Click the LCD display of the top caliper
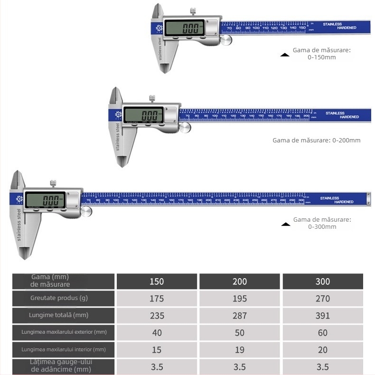point(184,27)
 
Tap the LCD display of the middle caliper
point(143,115)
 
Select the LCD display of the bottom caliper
point(45,199)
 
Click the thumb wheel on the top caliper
point(226,41)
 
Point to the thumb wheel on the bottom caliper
point(86,212)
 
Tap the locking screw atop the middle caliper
point(152,98)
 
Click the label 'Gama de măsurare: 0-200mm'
point(316,140)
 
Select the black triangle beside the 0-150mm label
point(285,55)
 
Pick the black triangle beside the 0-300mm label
point(285,224)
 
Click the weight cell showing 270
point(323,299)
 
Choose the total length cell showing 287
point(240,316)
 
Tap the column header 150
point(157,281)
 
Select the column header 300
point(323,281)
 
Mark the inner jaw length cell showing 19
point(240,350)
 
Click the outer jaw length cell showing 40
point(157,333)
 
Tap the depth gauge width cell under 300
point(323,367)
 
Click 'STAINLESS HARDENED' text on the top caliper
point(337,26)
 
